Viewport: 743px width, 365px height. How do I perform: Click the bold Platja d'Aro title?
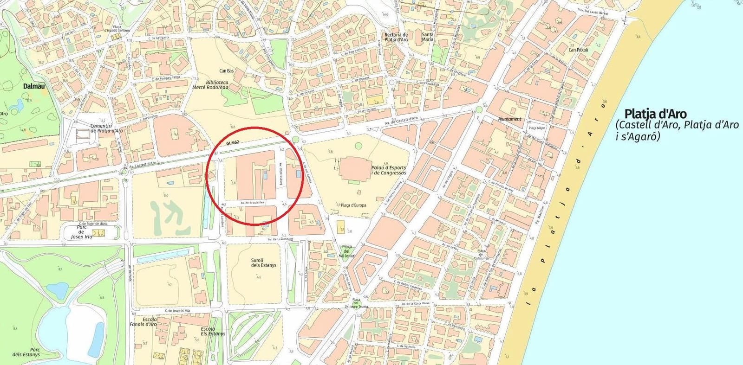[655, 114]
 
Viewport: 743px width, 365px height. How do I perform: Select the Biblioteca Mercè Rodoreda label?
[210, 84]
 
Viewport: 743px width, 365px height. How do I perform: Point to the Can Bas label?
[227, 71]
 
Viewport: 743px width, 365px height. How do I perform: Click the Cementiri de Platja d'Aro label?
[106, 128]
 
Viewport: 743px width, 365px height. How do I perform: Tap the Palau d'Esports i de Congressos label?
[389, 170]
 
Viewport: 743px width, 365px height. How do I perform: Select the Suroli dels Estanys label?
[263, 263]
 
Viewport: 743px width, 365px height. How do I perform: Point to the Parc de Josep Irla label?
[81, 232]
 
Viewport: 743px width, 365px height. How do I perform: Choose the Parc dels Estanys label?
[26, 352]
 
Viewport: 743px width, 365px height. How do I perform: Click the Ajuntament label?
[509, 119]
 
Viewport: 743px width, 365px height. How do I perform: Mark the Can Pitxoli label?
[578, 50]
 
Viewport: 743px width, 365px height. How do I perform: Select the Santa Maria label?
[428, 37]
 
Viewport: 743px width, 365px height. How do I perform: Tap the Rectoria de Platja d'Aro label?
[396, 37]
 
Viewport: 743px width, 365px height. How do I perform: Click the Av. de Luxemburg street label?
[282, 239]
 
